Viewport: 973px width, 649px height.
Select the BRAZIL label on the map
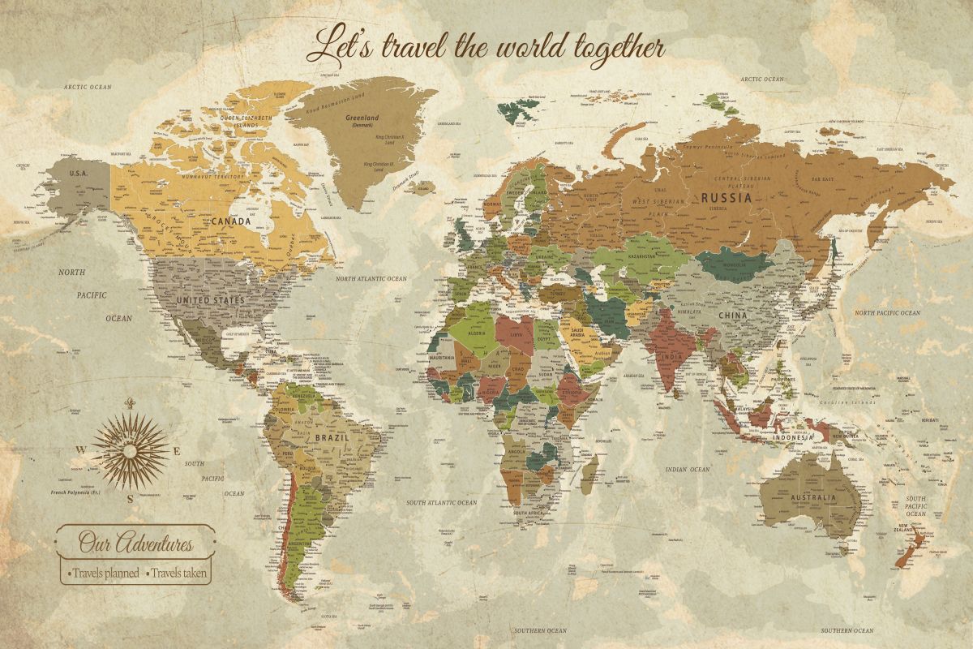pos(332,436)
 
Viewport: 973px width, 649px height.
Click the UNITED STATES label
pos(210,300)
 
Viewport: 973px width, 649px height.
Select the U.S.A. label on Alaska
pos(79,174)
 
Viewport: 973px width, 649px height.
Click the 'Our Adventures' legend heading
pos(135,541)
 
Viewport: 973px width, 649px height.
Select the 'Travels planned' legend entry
pos(103,573)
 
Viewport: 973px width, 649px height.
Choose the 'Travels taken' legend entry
pos(178,573)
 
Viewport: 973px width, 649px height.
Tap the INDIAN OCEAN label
pos(687,469)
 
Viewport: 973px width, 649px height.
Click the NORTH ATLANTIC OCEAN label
pos(371,278)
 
